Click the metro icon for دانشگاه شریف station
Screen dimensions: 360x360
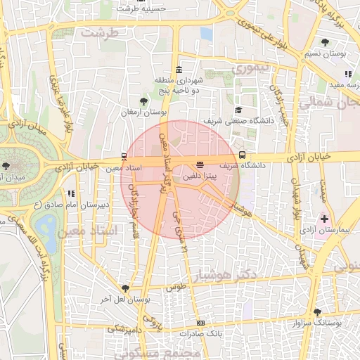point(243,155)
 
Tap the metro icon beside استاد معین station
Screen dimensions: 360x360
point(124,156)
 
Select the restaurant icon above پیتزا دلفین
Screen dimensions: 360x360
point(200,165)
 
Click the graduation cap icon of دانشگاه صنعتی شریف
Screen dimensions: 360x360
point(238,110)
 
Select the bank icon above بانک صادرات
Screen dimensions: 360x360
point(201,323)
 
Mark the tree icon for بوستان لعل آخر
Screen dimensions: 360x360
point(125,288)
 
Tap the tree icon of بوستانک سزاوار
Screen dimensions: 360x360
point(318,311)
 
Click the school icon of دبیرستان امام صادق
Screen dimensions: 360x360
point(70,193)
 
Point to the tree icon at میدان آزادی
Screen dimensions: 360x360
point(6,166)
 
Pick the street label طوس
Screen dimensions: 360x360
point(174,288)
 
